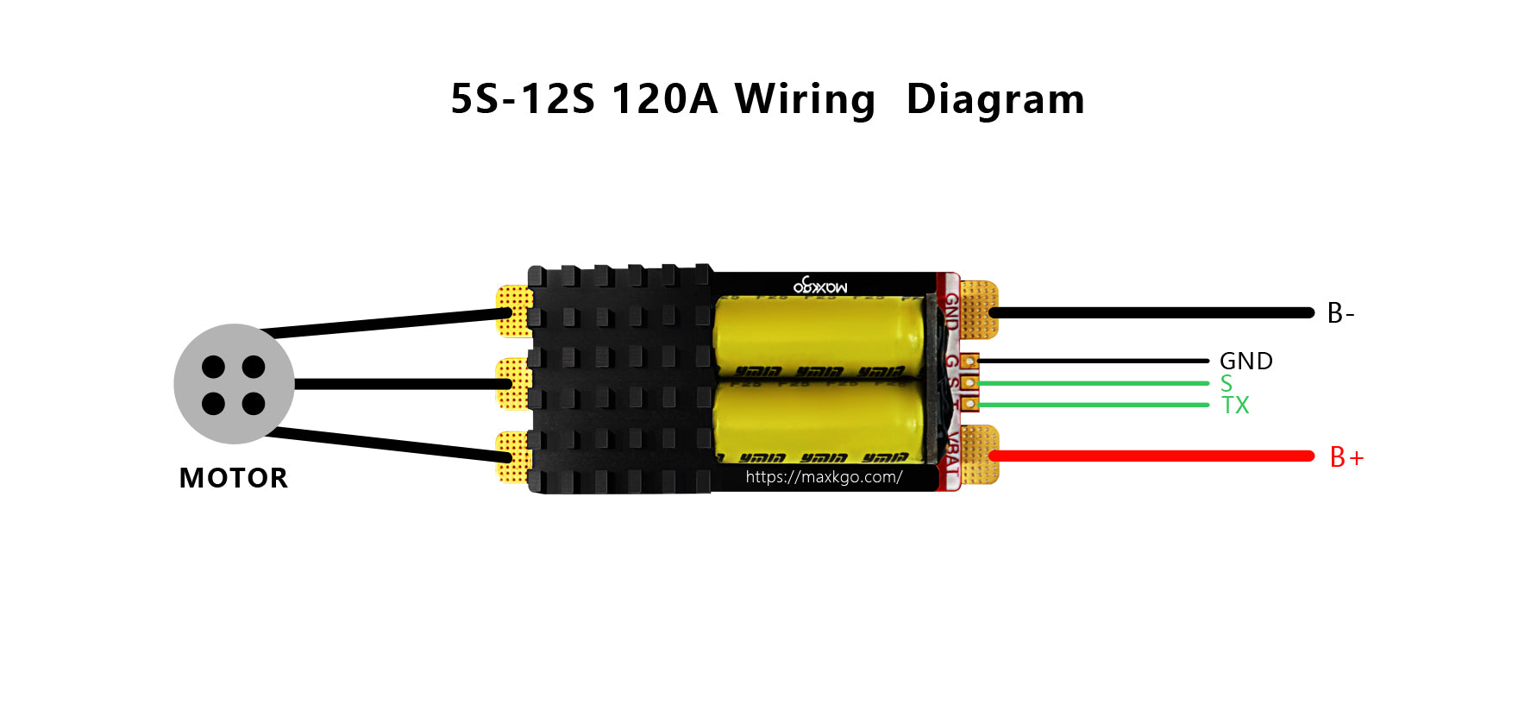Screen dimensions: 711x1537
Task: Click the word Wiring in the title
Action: pos(804,99)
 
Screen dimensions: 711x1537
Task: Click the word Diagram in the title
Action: pos(995,99)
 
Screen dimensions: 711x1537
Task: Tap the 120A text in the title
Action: pos(664,99)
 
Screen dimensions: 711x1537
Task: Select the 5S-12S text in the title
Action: pos(523,99)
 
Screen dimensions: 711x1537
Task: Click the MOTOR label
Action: pos(233,478)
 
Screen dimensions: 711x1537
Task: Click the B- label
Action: pos(1340,313)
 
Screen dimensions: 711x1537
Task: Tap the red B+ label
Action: pos(1346,457)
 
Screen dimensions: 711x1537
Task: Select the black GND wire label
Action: pos(1245,361)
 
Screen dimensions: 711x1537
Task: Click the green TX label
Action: pos(1235,406)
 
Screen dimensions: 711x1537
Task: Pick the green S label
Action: pos(1226,384)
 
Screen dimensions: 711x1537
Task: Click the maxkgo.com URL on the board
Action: pos(824,477)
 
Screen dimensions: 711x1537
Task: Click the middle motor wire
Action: pos(397,384)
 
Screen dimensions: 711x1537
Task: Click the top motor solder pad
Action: pos(514,311)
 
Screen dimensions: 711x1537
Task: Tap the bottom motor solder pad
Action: pos(514,456)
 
